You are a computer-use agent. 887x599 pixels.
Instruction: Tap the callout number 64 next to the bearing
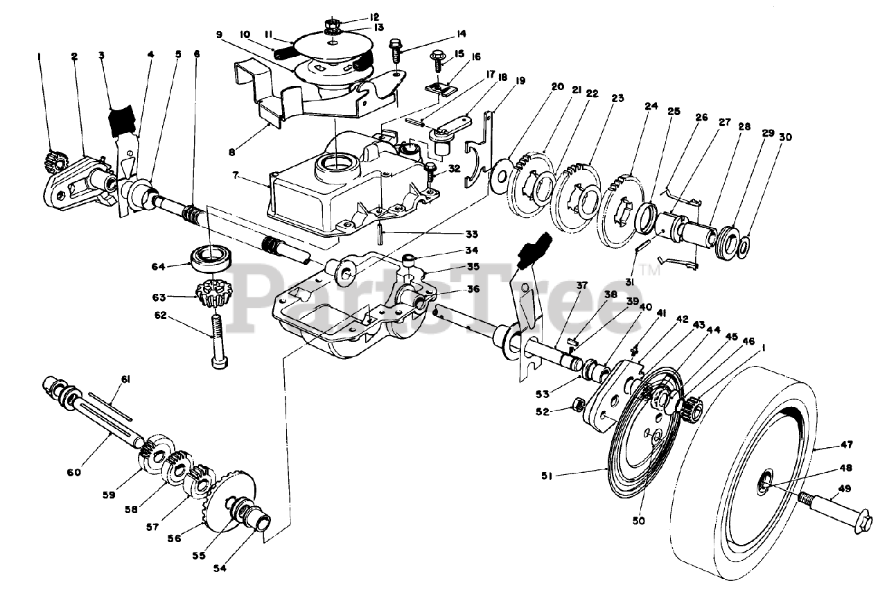coord(158,267)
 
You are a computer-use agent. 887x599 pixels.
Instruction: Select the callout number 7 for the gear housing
coord(236,175)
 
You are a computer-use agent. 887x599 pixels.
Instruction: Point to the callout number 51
coord(547,476)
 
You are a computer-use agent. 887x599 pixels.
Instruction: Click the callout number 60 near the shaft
coord(73,472)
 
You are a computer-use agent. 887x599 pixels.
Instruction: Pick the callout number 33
coord(471,234)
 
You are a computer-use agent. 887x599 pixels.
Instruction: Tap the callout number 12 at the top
coord(374,17)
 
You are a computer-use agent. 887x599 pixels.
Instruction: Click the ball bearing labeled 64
coord(210,259)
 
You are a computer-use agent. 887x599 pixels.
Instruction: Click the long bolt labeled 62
coord(218,342)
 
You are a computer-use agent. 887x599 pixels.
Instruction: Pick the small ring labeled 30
coord(744,248)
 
